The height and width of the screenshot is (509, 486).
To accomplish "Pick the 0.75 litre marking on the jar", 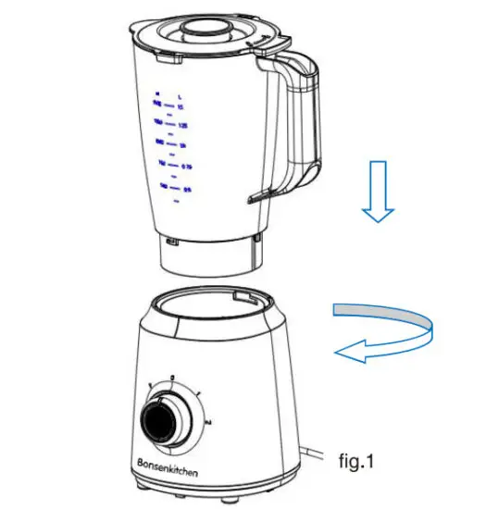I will tap(184, 166).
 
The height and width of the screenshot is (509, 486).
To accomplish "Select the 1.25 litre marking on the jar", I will tap(184, 122).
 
